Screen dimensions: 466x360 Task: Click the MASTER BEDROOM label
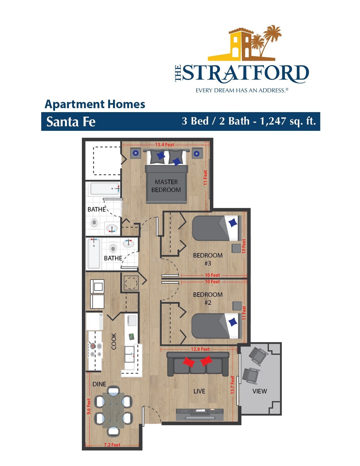[x=166, y=186]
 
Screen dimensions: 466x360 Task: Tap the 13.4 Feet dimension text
[x=165, y=145]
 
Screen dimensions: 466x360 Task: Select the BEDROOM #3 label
[x=208, y=259]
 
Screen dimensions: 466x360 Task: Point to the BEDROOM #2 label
[x=208, y=299]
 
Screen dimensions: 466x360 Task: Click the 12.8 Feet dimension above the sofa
[x=200, y=349]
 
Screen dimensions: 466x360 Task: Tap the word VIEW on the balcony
[x=259, y=391]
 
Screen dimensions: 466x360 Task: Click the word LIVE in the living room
[x=199, y=391]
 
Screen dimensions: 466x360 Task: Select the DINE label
[x=99, y=384]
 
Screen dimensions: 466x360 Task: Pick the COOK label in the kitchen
[x=114, y=341]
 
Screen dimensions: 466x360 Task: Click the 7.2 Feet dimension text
[x=112, y=445]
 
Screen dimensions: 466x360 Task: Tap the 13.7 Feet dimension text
[x=232, y=385]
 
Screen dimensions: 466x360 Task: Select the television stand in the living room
[x=200, y=415]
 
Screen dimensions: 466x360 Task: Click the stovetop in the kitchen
[x=95, y=350]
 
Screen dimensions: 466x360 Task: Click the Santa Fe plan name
[x=71, y=122]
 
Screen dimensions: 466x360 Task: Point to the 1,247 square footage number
[x=273, y=121]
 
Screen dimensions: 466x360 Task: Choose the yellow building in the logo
[x=238, y=45]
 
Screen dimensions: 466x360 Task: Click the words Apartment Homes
[x=95, y=104]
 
